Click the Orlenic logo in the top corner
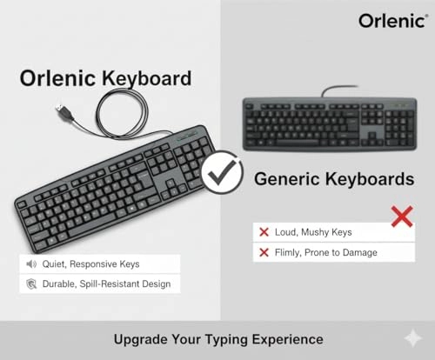click(388, 19)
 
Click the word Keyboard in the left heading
click(148, 78)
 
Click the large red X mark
click(401, 216)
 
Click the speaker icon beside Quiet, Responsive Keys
click(31, 263)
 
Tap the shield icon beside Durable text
click(31, 283)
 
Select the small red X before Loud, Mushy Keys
click(263, 232)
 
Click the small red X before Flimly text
click(263, 252)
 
